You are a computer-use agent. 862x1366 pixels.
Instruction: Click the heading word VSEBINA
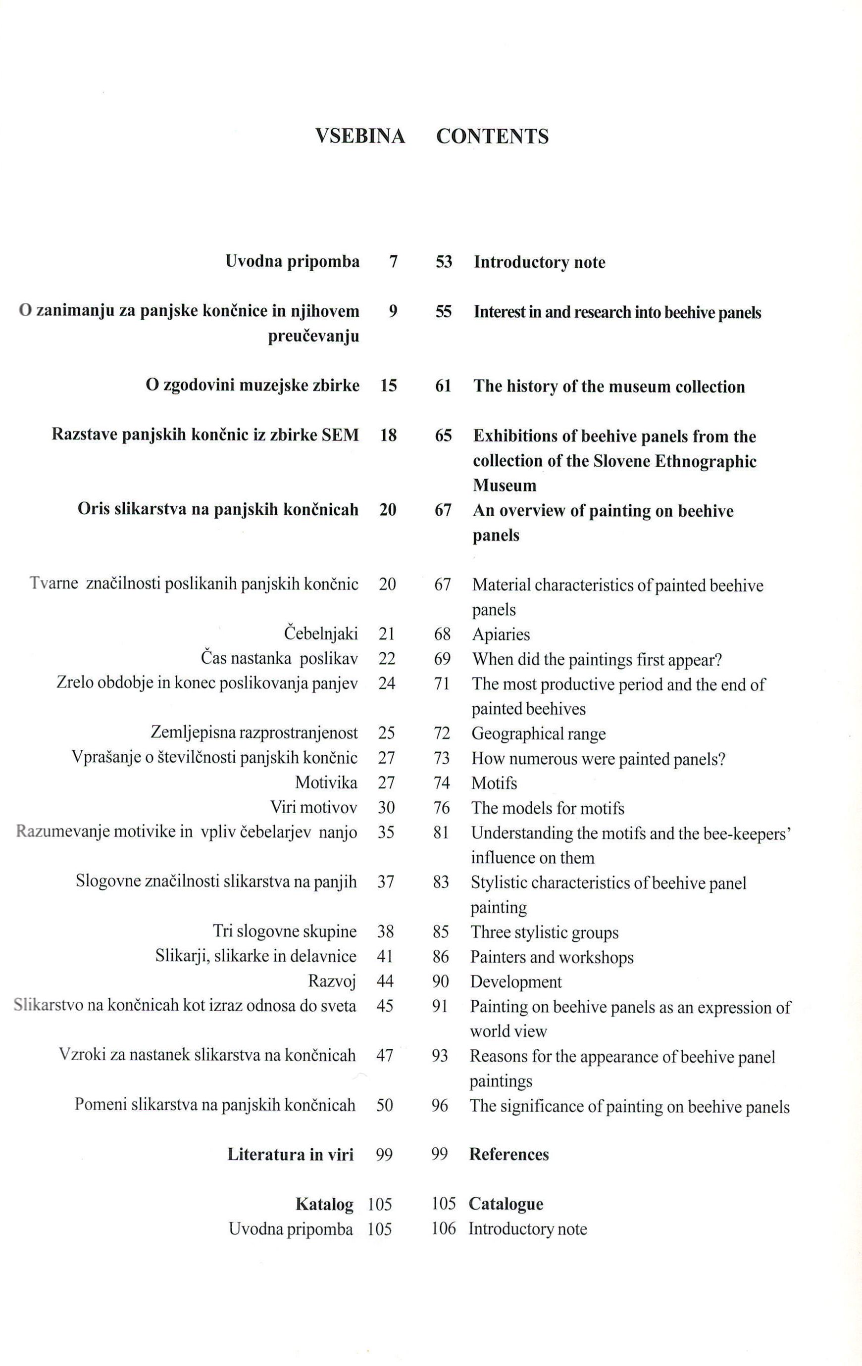coord(360,137)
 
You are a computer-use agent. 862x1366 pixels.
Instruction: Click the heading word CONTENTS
coord(492,137)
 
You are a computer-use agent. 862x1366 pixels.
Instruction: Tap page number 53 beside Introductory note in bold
coord(444,262)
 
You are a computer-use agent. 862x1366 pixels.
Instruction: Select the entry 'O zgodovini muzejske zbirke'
coord(253,386)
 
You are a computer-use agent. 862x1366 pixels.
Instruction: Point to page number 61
coord(443,387)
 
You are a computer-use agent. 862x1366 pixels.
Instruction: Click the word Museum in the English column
coord(505,486)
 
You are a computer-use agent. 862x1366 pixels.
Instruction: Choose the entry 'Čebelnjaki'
coord(321,633)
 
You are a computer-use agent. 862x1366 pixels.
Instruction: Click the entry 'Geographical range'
coord(539,733)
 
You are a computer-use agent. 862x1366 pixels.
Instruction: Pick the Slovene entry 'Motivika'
coord(326,783)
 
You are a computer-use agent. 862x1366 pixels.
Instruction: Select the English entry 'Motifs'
coord(494,783)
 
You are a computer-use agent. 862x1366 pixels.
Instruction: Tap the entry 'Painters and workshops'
coord(552,958)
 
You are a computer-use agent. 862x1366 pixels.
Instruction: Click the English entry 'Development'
coord(516,982)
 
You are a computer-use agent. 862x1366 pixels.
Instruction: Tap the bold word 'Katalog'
coord(325,1204)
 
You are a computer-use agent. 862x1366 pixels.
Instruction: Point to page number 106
coord(444,1229)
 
